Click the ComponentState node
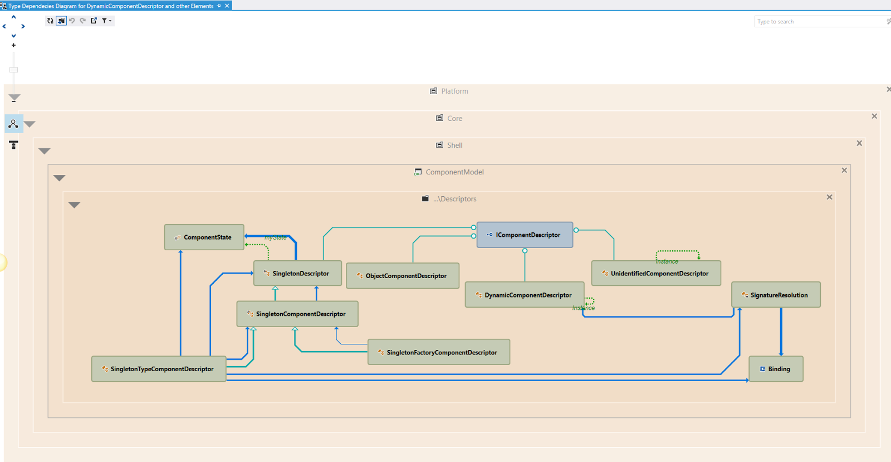[x=204, y=237]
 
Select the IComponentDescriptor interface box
[x=525, y=235]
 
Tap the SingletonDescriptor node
[x=297, y=274]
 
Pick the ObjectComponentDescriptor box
[x=403, y=276]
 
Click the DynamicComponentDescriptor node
[x=524, y=295]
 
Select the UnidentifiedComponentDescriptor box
[x=656, y=274]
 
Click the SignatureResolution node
[x=776, y=295]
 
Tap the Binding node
[x=776, y=369]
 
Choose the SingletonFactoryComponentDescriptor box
[x=439, y=352]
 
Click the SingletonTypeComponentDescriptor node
[x=159, y=369]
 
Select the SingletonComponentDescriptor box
[x=297, y=314]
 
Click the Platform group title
[x=454, y=91]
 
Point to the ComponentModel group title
[x=454, y=172]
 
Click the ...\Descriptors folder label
[x=454, y=199]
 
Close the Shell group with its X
[x=859, y=143]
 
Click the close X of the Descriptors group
[x=829, y=197]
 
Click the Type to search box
[x=819, y=22]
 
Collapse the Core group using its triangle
[x=30, y=124]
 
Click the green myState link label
[x=276, y=238]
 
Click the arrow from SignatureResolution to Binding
[x=781, y=332]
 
